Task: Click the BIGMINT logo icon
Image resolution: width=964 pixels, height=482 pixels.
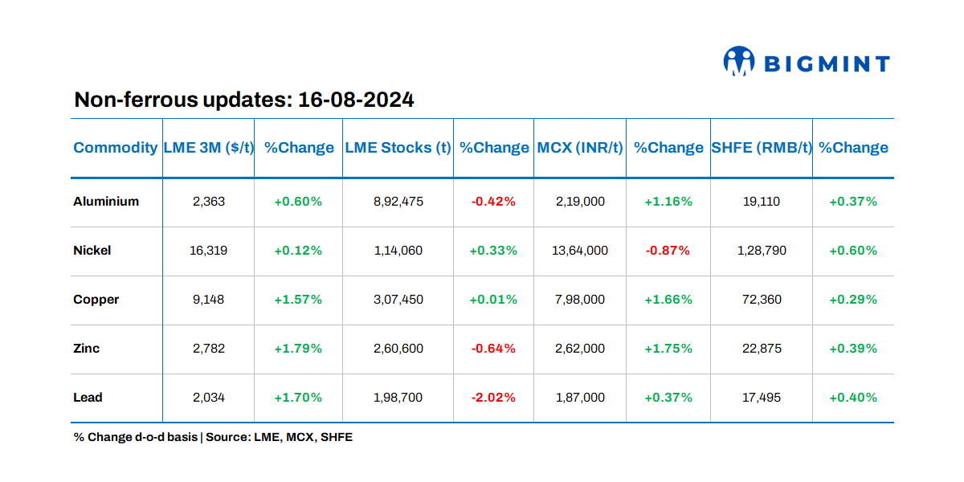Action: tap(739, 62)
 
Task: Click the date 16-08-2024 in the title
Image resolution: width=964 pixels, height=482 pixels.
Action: tap(356, 100)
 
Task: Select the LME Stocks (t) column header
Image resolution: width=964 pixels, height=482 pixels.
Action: tap(398, 148)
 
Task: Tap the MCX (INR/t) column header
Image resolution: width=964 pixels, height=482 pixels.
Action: tap(579, 148)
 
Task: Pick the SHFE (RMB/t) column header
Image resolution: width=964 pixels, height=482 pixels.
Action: tap(761, 148)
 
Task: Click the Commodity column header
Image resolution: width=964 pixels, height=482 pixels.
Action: tap(115, 148)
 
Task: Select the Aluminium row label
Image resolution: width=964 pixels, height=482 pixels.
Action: tap(106, 202)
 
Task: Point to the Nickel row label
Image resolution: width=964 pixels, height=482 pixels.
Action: tap(92, 251)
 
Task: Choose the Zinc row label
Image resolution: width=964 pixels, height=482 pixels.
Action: tap(87, 349)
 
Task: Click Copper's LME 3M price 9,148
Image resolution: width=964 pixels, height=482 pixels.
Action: tap(209, 300)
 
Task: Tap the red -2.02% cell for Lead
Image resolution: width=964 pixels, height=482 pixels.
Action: tap(493, 398)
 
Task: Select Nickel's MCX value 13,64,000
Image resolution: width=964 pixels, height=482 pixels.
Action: tap(580, 251)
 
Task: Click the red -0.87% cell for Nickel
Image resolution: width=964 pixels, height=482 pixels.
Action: tap(668, 251)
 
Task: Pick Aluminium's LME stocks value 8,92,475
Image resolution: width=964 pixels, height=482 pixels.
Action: tap(398, 202)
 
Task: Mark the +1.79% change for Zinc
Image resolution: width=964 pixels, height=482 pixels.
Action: tap(298, 349)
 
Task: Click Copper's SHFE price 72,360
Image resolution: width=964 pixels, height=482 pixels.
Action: tap(761, 300)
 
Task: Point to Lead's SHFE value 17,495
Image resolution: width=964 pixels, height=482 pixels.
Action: tap(761, 398)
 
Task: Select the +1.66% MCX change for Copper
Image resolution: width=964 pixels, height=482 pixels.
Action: tap(668, 300)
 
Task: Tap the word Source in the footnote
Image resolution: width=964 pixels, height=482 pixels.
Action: tap(227, 438)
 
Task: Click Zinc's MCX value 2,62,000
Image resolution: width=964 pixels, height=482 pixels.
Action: tap(580, 349)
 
